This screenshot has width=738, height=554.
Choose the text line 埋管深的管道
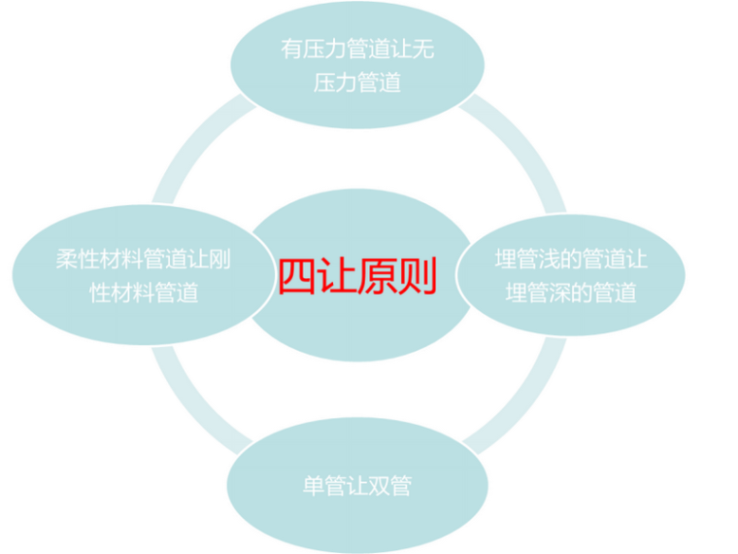571,292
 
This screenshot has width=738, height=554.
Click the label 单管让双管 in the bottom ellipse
356,484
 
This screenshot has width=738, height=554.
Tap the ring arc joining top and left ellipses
184,160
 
